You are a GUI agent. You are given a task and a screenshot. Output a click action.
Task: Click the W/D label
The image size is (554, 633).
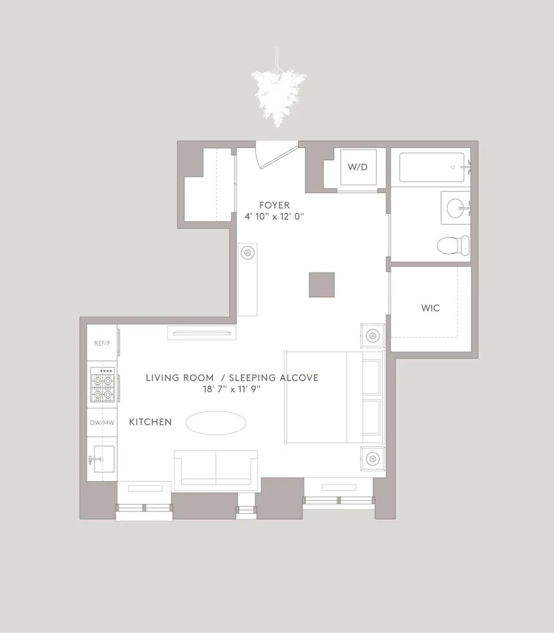pos(357,167)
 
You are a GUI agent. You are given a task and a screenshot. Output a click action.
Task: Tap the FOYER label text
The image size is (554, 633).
pos(275,205)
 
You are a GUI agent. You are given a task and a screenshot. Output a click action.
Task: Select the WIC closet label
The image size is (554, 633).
pos(431,308)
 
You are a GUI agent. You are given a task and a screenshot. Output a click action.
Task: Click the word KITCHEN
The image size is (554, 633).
pos(151,422)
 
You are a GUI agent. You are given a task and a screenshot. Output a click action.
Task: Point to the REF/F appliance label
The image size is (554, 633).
pos(102,343)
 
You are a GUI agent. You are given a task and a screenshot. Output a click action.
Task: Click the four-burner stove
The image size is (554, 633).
pos(102,386)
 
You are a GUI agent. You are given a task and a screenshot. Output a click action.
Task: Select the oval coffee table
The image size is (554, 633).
pos(216,423)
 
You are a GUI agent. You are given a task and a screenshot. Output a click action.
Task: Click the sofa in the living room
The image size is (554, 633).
pos(216,468)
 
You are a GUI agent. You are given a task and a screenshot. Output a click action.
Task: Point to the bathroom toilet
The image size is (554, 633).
pos(453,245)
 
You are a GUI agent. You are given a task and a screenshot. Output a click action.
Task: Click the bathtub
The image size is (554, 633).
pos(432,167)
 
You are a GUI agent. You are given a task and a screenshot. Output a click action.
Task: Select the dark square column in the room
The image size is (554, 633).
pos(321,285)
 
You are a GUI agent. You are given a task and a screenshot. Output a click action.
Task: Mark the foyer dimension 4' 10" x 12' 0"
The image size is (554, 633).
pos(275,217)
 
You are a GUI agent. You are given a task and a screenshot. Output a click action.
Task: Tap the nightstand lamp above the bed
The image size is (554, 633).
pos(372,336)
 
